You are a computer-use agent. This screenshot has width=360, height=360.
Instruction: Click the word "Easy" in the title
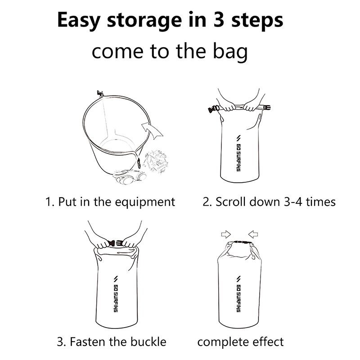[x=78, y=21]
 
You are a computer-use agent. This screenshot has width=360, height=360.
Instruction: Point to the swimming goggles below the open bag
[x=130, y=177]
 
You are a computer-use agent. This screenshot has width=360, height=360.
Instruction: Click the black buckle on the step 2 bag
[x=213, y=109]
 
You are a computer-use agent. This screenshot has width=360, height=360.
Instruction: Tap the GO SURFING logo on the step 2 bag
[x=238, y=153]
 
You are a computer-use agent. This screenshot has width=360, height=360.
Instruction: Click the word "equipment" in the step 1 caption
[x=145, y=202]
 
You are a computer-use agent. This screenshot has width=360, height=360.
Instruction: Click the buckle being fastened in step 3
[x=115, y=243]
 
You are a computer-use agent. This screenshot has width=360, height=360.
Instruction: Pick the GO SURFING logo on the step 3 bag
[x=116, y=294]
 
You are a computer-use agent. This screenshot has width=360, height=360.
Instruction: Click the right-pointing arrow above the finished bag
[x=226, y=234]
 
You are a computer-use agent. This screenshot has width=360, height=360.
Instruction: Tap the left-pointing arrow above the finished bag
[x=253, y=234]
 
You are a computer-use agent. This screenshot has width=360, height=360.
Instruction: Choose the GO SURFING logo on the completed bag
[x=238, y=294]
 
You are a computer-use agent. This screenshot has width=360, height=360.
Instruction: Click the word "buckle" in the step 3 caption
[x=149, y=342]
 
